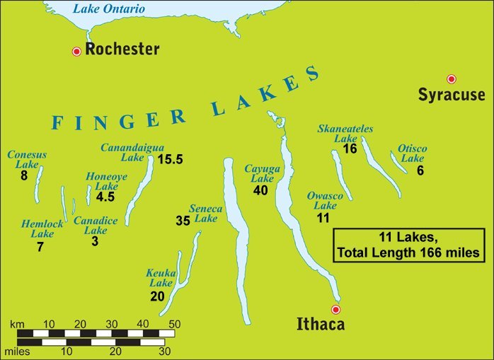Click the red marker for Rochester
coord(76,51)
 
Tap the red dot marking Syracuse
coord(451,79)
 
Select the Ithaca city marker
coord(336,309)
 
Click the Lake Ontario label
coord(110,9)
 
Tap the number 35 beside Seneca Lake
coord(183,221)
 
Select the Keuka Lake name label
coord(160,278)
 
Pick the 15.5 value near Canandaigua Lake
coord(171,159)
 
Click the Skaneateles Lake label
coord(345,134)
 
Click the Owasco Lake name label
coord(325,200)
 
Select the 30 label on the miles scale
coord(164,350)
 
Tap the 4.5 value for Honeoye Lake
coord(105,197)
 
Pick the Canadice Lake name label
coord(91,225)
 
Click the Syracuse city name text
coord(452,95)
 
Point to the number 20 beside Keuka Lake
coord(157,296)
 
